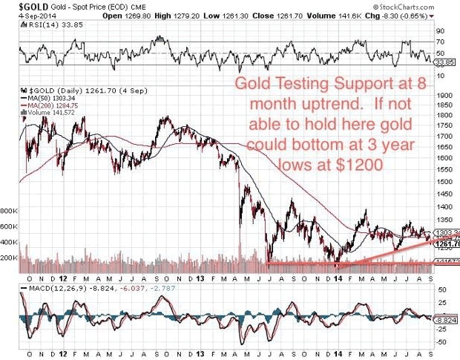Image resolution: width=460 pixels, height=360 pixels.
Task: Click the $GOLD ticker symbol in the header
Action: [x=20, y=7]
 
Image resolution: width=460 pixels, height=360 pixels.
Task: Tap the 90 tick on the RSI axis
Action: [x=439, y=30]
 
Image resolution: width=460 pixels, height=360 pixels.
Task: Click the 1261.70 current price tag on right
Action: [x=447, y=243]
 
